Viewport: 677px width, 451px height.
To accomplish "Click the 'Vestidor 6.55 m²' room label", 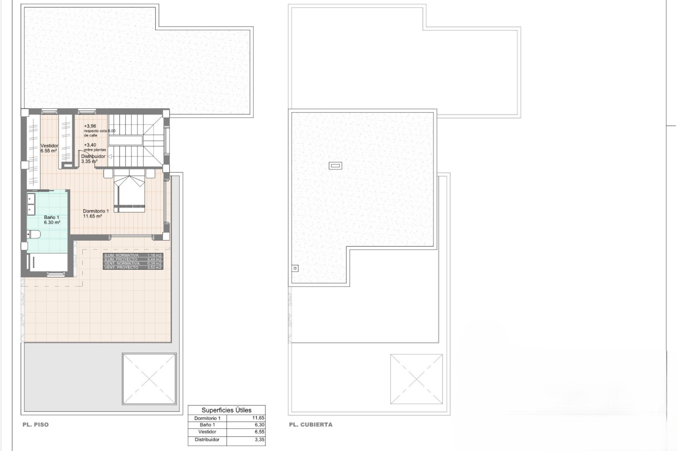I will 49,148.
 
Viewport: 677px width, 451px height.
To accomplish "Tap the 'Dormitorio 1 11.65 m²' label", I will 96,214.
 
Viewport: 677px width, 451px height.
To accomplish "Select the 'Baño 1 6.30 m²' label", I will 52,220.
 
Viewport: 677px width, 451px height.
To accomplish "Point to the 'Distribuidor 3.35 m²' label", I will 93,159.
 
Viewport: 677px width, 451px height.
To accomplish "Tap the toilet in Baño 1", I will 34,234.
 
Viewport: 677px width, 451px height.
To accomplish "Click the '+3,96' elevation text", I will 90,126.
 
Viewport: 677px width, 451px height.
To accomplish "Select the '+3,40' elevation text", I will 90,145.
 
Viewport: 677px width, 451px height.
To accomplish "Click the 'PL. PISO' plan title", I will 36,425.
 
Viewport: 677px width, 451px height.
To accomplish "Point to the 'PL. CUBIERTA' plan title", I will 311,425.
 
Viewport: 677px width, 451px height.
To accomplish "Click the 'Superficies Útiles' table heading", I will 226,410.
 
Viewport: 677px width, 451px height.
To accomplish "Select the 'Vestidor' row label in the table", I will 207,432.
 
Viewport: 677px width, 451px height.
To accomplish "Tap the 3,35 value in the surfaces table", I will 259,440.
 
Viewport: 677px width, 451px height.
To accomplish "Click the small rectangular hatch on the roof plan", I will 335,165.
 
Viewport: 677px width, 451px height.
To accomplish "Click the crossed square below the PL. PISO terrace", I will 149,379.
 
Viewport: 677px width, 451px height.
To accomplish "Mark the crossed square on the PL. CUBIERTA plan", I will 416,379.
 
